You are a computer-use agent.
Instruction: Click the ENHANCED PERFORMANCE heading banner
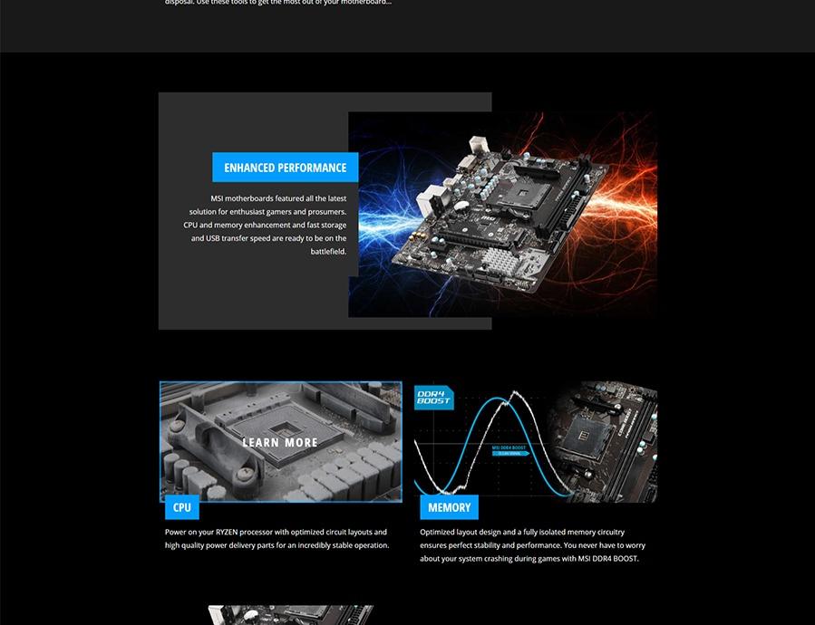tap(285, 168)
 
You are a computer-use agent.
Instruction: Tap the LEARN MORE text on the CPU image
tap(280, 443)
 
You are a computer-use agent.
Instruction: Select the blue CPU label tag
tap(181, 507)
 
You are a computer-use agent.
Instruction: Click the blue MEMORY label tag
tap(449, 507)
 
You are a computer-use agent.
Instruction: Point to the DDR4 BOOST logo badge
tap(433, 398)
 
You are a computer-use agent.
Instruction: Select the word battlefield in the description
tap(328, 252)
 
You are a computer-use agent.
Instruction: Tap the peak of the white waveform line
tap(515, 392)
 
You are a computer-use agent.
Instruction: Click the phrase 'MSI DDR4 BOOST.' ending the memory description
tap(607, 559)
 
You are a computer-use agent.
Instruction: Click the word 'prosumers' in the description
tap(325, 212)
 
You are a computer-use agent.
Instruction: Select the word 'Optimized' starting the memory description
tap(438, 533)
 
